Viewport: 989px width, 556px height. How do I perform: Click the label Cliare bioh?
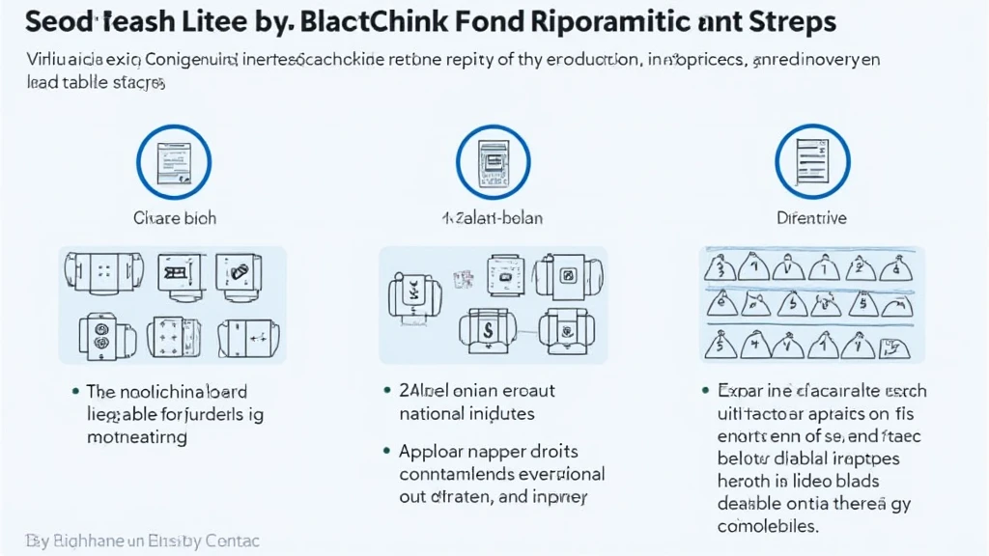(174, 218)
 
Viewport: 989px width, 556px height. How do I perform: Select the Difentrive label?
(811, 218)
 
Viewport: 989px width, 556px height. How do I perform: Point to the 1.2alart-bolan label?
(493, 218)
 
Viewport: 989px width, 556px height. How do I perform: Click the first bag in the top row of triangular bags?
(719, 265)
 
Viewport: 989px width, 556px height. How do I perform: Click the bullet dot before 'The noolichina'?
(75, 392)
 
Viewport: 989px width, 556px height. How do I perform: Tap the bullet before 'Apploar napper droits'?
(387, 451)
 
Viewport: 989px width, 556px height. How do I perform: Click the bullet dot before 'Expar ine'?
(706, 391)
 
